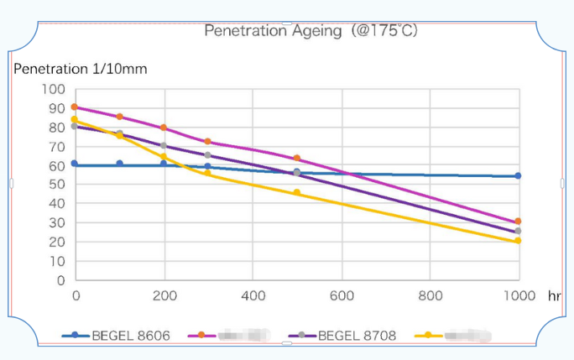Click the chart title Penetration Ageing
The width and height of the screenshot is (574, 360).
coord(311,31)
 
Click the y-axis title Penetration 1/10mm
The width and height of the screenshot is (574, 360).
coord(81,69)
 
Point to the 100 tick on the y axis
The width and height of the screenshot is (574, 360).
coord(54,89)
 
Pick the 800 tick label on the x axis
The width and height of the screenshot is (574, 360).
coord(430,295)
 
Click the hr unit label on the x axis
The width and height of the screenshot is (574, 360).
coord(554,295)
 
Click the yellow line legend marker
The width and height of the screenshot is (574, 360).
coord(429,336)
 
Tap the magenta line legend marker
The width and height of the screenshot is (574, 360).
coord(201,336)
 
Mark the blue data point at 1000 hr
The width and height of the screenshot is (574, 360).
coord(518,176)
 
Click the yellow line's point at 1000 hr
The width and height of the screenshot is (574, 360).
coord(518,241)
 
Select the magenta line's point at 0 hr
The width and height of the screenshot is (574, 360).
coord(75,107)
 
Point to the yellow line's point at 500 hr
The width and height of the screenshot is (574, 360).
coord(296,193)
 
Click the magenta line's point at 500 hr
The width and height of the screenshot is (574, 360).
coord(296,159)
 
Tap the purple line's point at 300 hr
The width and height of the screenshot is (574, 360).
coord(207,155)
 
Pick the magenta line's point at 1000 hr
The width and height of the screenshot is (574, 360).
coord(518,222)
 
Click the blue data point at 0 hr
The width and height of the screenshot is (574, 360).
coord(75,164)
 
